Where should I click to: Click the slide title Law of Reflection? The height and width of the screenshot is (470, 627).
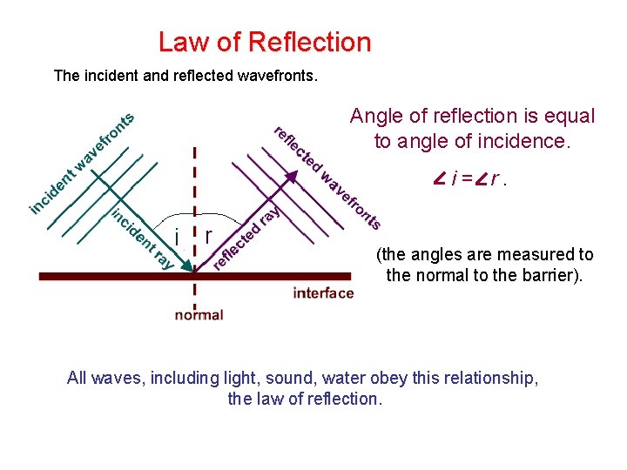click(265, 42)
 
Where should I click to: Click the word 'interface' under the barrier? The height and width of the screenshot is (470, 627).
click(323, 293)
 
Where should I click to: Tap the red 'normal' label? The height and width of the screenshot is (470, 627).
click(199, 315)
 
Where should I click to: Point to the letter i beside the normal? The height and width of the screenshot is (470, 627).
click(177, 237)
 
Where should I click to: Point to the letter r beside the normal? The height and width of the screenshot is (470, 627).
click(209, 236)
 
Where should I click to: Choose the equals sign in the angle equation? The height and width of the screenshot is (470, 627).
click(468, 180)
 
